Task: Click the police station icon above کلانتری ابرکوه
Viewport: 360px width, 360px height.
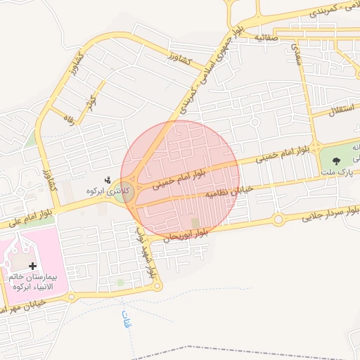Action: [108, 180]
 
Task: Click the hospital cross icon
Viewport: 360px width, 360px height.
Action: [33, 265]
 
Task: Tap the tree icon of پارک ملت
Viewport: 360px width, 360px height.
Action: [335, 160]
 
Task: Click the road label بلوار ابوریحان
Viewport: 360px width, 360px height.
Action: [185, 235]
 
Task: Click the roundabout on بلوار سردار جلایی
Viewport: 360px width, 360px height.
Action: [279, 220]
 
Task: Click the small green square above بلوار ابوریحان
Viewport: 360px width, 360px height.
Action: [195, 223]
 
